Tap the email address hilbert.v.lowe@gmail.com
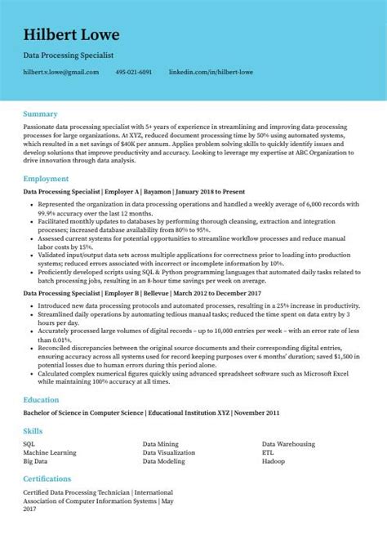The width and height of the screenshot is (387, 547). (61, 72)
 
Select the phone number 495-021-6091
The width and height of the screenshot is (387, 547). (134, 72)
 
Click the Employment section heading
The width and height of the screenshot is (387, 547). (47, 177)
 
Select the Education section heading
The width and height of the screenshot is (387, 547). (42, 400)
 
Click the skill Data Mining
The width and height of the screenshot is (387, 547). (160, 442)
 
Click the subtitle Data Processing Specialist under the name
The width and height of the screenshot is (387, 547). (69, 54)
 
